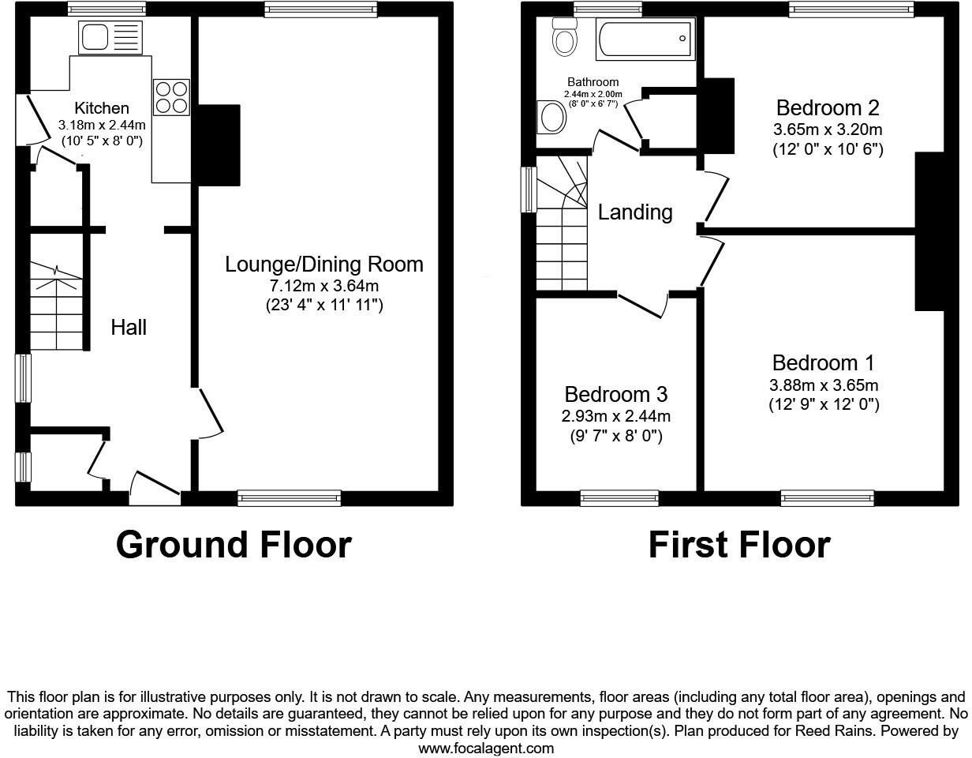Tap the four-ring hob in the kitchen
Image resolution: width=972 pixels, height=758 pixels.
point(171,97)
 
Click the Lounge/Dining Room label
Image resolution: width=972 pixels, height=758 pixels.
point(323,265)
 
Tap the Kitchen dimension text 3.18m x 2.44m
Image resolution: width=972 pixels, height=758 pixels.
point(102,126)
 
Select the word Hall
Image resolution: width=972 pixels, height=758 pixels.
point(128,327)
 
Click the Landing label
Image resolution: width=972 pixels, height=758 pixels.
point(634,212)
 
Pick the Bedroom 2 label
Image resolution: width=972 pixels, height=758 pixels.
point(827,108)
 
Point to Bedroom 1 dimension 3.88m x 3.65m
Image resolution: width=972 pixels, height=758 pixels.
point(824,385)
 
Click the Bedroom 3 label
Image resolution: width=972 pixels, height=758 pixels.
point(615,394)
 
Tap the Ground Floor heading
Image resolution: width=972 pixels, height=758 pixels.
point(234,545)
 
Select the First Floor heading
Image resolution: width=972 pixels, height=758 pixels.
point(738,545)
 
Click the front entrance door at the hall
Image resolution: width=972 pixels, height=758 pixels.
point(155,490)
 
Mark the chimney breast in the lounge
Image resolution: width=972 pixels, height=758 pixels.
point(215,145)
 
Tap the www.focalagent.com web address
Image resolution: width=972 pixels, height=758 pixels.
point(485,748)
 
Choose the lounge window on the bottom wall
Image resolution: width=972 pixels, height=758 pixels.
point(289,497)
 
